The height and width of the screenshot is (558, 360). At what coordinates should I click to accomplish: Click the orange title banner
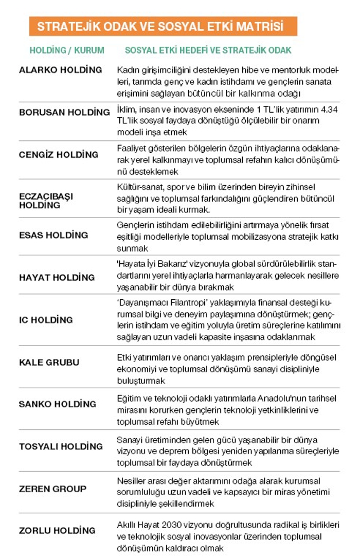click(x=163, y=26)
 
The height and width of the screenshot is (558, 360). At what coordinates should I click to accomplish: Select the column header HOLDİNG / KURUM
click(x=67, y=50)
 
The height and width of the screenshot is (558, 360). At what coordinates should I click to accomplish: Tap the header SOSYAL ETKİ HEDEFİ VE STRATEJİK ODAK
click(x=208, y=50)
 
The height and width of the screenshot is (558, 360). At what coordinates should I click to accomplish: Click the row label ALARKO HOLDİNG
click(x=61, y=70)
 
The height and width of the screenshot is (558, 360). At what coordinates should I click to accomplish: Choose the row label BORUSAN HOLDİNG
click(x=64, y=112)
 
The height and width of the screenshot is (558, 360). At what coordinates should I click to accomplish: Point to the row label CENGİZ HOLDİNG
click(x=59, y=154)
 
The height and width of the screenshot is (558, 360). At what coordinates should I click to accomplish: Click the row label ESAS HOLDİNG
click(x=53, y=235)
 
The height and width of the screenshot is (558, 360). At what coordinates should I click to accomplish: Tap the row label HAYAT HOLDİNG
click(x=57, y=277)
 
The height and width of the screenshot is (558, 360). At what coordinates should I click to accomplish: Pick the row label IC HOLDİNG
click(x=46, y=320)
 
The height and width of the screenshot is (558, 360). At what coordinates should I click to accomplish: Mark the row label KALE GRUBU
click(x=49, y=362)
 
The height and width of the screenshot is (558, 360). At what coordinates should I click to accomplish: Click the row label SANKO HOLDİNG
click(x=58, y=404)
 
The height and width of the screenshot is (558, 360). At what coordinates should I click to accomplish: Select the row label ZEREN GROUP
click(x=52, y=489)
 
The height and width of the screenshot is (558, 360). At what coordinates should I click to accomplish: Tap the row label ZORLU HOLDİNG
click(x=57, y=530)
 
